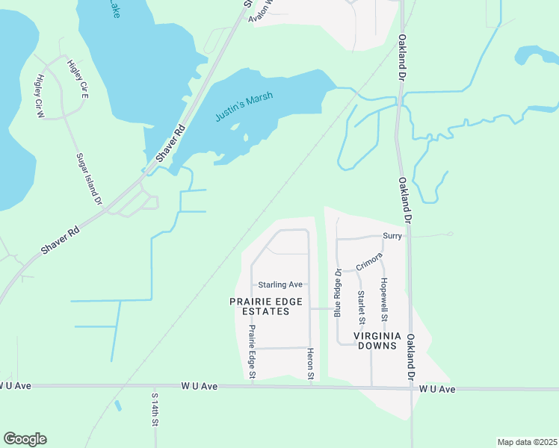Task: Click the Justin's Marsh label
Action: (x=244, y=106)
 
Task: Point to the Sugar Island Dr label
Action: (x=88, y=178)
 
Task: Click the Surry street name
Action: (x=392, y=236)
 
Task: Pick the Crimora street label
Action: (x=369, y=261)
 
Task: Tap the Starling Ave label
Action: (x=279, y=284)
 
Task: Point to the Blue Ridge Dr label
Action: (x=337, y=291)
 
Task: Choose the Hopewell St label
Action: (x=383, y=294)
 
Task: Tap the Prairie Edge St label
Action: (x=252, y=351)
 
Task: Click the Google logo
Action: (x=25, y=439)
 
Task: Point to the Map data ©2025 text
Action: (x=526, y=442)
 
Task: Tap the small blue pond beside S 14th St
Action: (x=117, y=405)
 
